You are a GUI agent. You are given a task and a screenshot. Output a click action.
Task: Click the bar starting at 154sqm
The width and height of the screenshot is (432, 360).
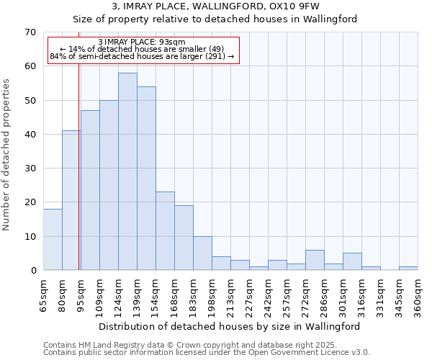point(165,231)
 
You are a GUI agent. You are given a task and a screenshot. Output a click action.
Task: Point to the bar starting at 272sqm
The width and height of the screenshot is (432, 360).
point(315,260)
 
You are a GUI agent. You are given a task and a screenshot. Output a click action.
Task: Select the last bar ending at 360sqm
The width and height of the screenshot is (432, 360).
point(408,269)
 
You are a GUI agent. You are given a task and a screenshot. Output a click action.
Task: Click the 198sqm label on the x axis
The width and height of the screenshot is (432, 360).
point(212,295)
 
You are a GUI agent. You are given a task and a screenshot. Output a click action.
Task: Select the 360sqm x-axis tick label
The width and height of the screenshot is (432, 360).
point(418,295)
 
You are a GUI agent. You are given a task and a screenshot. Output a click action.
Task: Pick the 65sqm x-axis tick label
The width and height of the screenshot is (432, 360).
point(43,295)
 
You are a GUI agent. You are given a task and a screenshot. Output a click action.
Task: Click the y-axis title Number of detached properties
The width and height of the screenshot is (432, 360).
point(7,155)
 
